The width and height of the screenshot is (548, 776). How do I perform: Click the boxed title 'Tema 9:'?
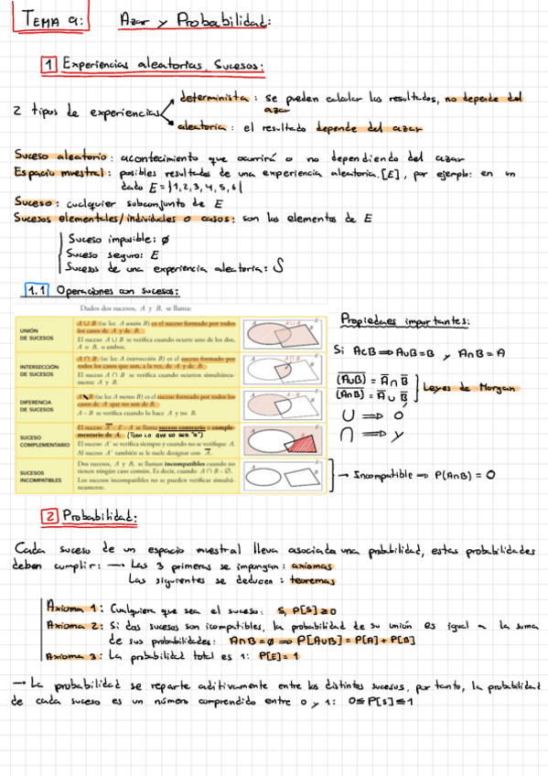pos(53,19)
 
